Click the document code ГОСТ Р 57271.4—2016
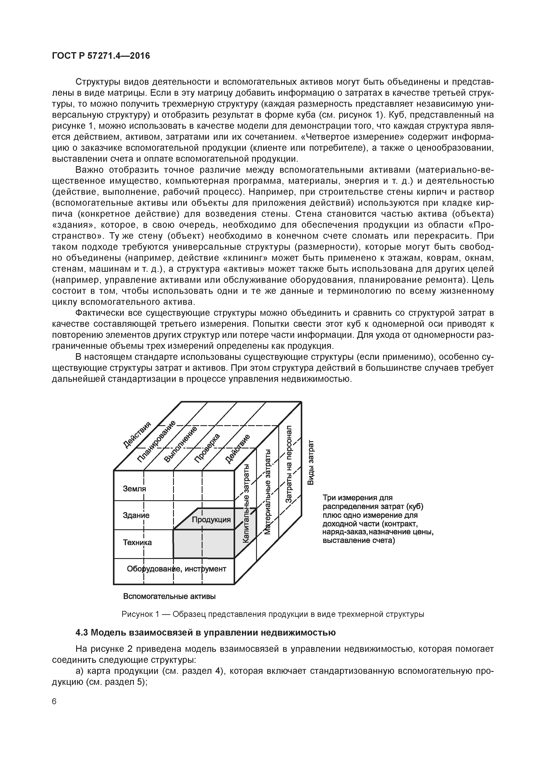101,56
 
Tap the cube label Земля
135,489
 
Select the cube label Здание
136,515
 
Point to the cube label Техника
137,542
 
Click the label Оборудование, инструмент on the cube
176,569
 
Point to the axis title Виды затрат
311,462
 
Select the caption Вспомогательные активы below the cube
169,596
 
